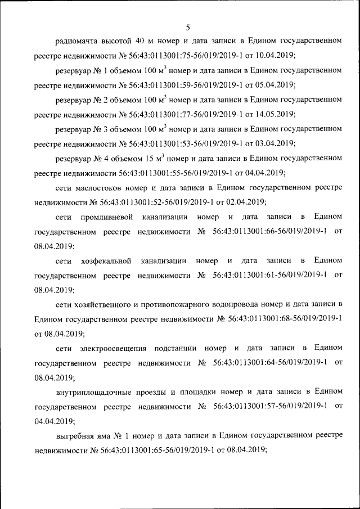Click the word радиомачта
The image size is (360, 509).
coord(76,40)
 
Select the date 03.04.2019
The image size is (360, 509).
coord(275,143)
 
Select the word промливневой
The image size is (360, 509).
coord(106,217)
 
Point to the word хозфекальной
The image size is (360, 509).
coord(106,260)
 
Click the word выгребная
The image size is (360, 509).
coord(75,435)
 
